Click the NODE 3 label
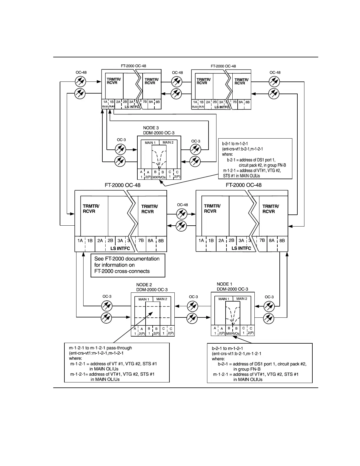click(151, 128)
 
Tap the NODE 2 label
click(144, 285)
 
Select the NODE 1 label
click(224, 284)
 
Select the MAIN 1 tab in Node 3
click(150, 143)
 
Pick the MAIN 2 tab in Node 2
click(161, 299)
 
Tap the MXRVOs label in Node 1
click(232, 334)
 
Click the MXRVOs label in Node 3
click(159, 177)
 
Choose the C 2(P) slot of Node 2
click(171, 331)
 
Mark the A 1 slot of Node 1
click(215, 331)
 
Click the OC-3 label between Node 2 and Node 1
click(193, 297)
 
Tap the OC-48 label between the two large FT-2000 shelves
click(182, 205)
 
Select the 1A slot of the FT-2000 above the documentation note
click(80, 241)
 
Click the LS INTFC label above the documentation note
click(120, 248)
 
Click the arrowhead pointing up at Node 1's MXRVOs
click(233, 337)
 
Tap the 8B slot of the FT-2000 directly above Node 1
click(282, 241)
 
